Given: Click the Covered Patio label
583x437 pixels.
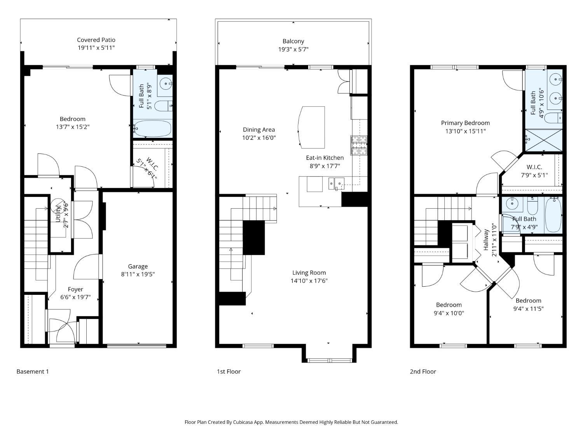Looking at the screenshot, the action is (x=96, y=40).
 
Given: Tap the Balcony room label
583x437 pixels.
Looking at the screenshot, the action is (x=293, y=41).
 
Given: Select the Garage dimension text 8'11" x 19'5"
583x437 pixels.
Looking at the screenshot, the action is (x=138, y=274).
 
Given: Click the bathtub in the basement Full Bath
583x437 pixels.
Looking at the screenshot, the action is (x=152, y=129).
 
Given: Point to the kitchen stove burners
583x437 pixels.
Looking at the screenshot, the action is (x=359, y=145).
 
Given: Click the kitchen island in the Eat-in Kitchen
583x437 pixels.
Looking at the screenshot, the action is (x=312, y=127).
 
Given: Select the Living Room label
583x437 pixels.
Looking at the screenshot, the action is (x=309, y=273).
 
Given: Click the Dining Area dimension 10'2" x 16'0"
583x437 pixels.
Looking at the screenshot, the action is (x=259, y=138).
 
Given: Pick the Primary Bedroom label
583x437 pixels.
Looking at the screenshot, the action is (x=465, y=123).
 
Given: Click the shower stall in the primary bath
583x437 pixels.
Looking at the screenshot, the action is (x=544, y=140).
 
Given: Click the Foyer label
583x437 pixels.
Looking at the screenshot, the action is (x=75, y=289).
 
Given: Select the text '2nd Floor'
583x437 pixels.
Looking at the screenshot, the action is (x=423, y=371).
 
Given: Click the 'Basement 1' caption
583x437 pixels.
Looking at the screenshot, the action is (x=33, y=371).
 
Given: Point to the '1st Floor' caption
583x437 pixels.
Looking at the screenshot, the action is (x=229, y=371).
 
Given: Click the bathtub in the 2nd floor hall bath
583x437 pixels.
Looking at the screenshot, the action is (x=553, y=215).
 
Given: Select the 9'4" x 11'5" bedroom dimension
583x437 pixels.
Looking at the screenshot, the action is (x=529, y=308).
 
